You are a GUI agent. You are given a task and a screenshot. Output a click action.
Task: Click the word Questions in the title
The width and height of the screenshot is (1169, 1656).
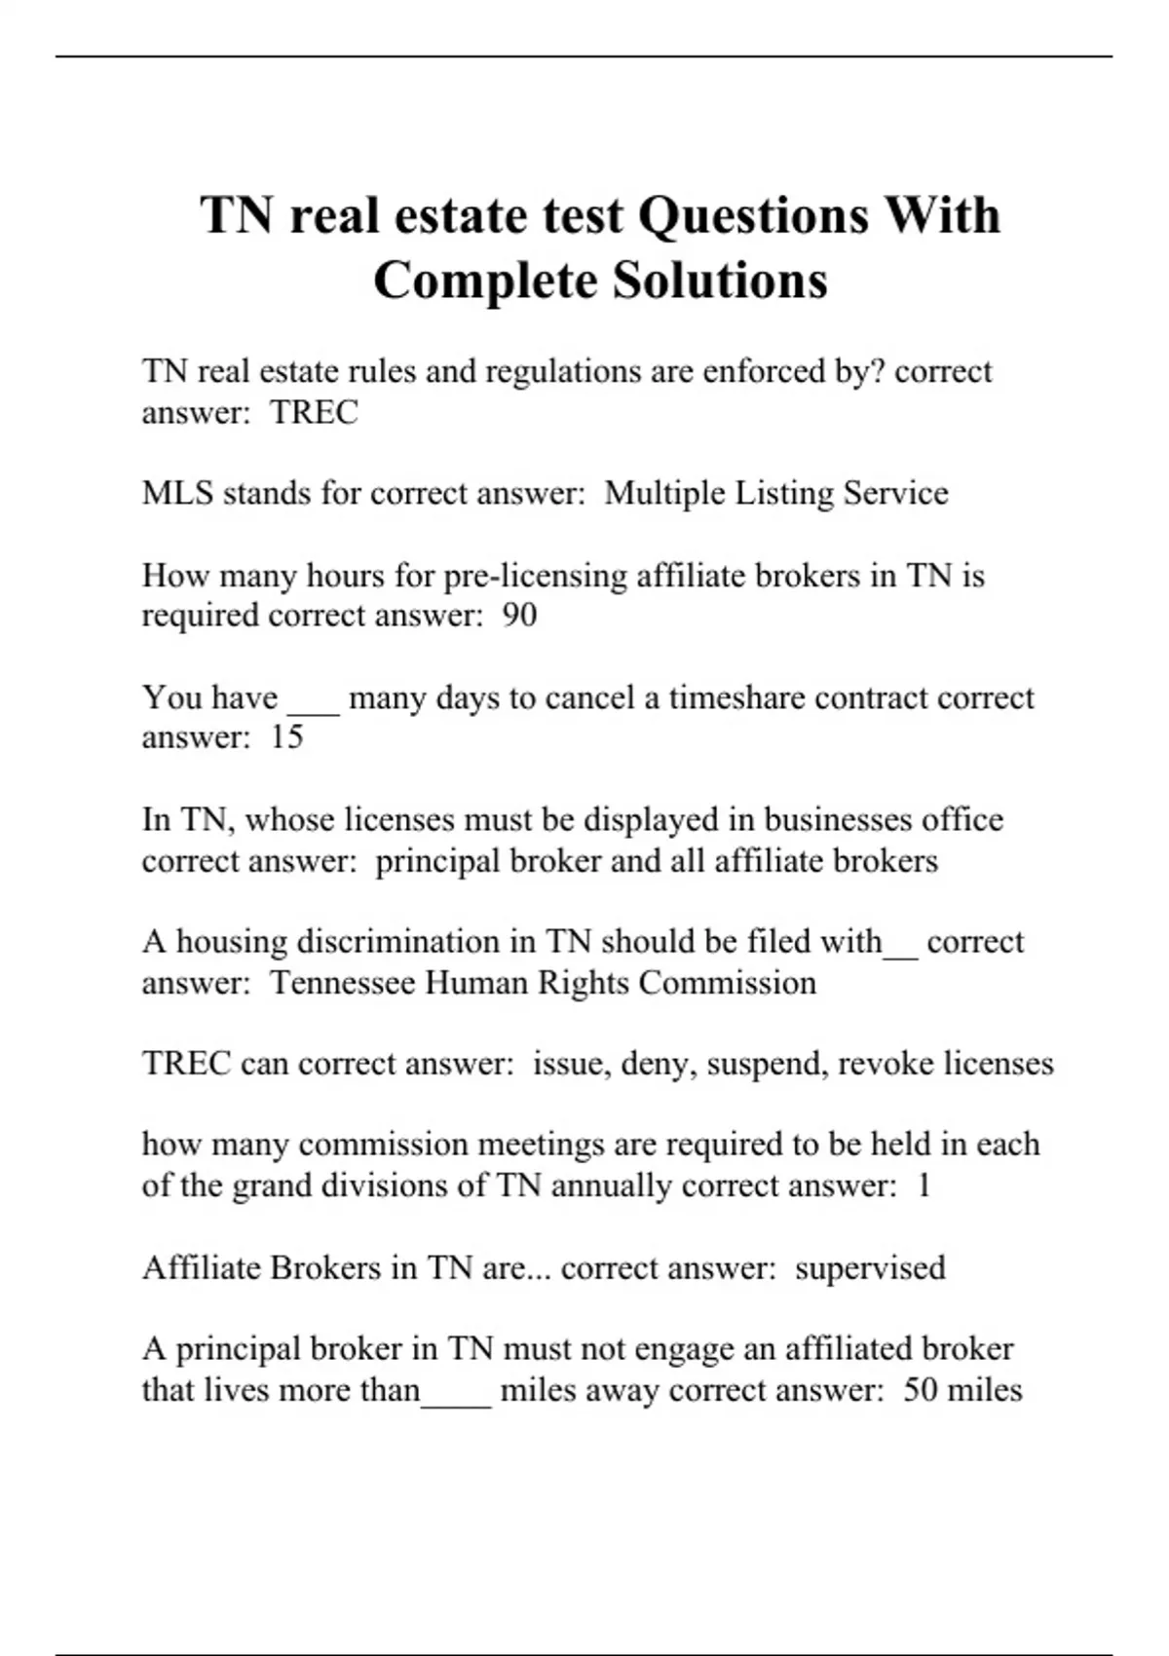pyautogui.click(x=751, y=215)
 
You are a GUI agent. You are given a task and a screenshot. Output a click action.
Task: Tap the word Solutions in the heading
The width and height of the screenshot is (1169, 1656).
pyautogui.click(x=720, y=281)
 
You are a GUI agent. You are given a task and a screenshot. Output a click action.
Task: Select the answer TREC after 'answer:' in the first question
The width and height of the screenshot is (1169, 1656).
pyautogui.click(x=314, y=412)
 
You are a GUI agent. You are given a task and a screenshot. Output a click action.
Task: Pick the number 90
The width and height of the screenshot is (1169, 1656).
pyautogui.click(x=519, y=616)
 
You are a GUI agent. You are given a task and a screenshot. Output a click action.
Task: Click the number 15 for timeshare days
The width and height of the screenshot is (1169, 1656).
pyautogui.click(x=286, y=737)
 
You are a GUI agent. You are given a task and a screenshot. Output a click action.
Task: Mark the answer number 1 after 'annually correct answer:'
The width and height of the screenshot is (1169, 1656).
pyautogui.click(x=924, y=1186)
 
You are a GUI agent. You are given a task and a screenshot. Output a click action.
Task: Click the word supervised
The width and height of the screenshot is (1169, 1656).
pyautogui.click(x=870, y=1268)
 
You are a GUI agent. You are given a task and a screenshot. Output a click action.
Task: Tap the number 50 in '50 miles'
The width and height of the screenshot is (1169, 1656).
pyautogui.click(x=921, y=1389)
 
